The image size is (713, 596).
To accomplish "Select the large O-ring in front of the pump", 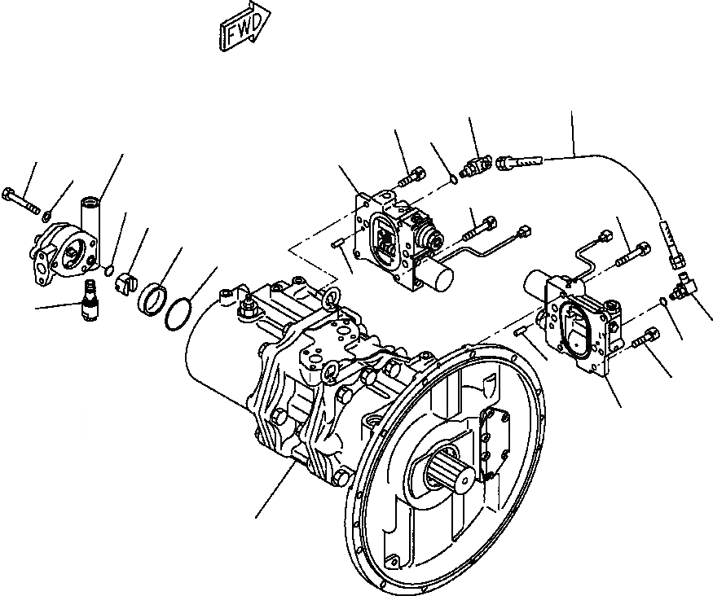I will point(180,313).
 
